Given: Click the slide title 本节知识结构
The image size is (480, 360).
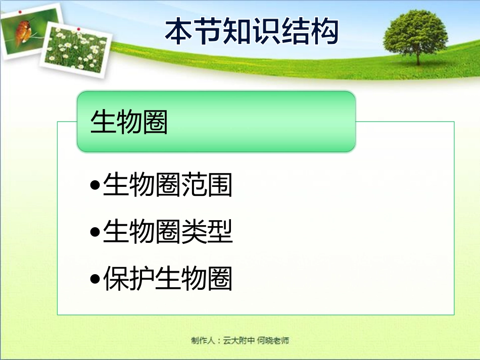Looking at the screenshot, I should [x=252, y=31].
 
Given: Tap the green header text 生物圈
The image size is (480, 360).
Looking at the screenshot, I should [x=129, y=123].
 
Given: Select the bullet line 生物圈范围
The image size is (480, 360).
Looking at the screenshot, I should [x=167, y=185].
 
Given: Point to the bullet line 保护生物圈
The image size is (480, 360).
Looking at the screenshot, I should [x=167, y=279].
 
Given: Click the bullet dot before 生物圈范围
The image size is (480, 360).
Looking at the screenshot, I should [x=94, y=186].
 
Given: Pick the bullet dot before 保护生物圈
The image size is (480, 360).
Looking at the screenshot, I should [x=94, y=280].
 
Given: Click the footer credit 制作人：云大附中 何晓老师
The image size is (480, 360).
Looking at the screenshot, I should [x=240, y=340].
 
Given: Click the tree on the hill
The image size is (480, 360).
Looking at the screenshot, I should [x=415, y=33].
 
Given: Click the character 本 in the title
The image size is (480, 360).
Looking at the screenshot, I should [x=180, y=31].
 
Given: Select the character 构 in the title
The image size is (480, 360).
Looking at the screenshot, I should [x=324, y=31].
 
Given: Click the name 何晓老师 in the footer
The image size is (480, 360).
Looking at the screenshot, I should [x=273, y=340].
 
